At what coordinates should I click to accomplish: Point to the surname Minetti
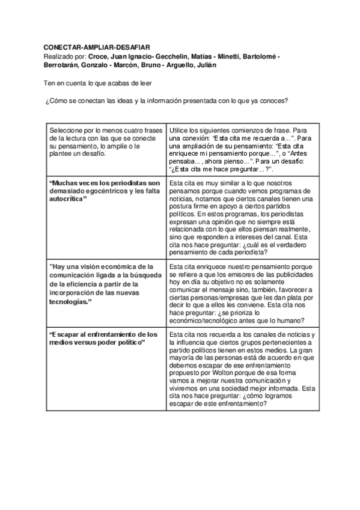pos(226,57)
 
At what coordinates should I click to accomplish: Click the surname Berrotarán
pos(63,65)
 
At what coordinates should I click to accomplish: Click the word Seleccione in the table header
pos(67,130)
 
